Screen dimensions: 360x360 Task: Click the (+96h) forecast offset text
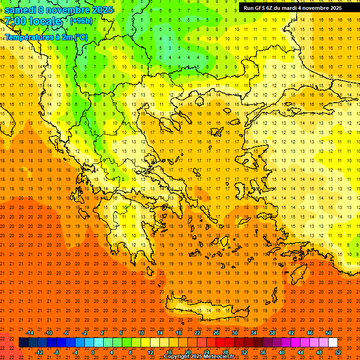coord(81,21)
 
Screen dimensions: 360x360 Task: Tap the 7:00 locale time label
coord(33,21)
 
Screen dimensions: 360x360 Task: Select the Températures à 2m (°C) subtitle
coord(46,37)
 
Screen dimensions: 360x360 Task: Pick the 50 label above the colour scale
coord(329,333)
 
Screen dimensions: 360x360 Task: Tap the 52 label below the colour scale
coord(338,352)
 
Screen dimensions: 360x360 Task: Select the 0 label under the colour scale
coord(93,352)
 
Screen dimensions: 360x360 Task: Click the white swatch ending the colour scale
coord(333,343)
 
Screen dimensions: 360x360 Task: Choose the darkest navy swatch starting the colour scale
coord(23,343)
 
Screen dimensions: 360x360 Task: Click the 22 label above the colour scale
coord(197,333)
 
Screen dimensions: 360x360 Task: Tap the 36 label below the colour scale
coord(263,352)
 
